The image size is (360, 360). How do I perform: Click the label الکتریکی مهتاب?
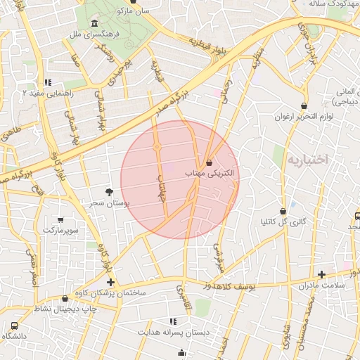pyautogui.click(x=210, y=173)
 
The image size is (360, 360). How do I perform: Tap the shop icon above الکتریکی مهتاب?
pyautogui.click(x=210, y=163)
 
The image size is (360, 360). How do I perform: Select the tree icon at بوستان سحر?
pyautogui.click(x=108, y=192)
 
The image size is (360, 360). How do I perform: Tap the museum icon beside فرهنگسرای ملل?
pyautogui.click(x=94, y=26)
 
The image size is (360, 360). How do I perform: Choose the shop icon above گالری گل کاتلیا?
pyautogui.click(x=283, y=211)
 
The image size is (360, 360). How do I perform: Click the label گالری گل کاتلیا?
pyautogui.click(x=283, y=221)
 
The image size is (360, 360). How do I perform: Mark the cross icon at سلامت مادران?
pyautogui.click(x=321, y=274)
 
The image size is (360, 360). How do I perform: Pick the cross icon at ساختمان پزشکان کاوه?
pyautogui.click(x=110, y=282)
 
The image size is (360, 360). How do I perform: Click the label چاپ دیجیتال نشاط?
pyautogui.click(x=59, y=309)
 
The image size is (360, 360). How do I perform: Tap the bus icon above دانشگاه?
pyautogui.click(x=14, y=326)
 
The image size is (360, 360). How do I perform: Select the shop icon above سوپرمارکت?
pyautogui.click(x=60, y=220)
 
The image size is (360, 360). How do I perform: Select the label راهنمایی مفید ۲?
pyautogui.click(x=47, y=92)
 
